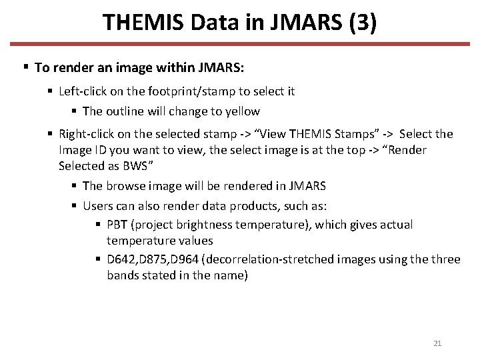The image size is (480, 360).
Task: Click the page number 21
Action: (437, 343)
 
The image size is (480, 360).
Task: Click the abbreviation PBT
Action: (117, 225)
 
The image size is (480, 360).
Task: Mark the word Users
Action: (98, 206)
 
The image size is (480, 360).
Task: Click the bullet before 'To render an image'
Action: (25, 67)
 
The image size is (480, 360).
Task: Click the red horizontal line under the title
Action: (240, 45)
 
